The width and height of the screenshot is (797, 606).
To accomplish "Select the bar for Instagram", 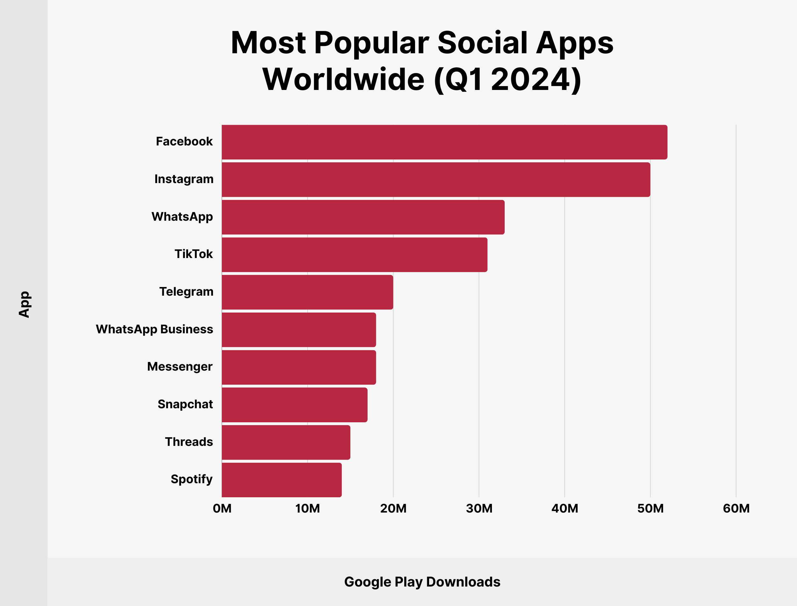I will (x=435, y=179).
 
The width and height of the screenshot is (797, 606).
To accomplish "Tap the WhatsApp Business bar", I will (x=298, y=329).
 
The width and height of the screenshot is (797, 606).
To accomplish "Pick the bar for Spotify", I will (x=281, y=480).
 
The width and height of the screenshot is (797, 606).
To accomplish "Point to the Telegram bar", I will (x=307, y=292).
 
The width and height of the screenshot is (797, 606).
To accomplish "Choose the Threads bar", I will (x=286, y=442).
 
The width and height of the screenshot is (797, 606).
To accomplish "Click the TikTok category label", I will (x=194, y=254).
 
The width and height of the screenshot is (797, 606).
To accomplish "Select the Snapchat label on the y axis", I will (x=185, y=404).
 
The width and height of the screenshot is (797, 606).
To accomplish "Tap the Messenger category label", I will (x=179, y=366).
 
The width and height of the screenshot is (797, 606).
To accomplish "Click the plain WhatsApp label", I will (x=182, y=217).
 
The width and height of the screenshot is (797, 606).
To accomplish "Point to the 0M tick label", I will (x=222, y=509).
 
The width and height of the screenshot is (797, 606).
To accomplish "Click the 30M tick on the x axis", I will (x=479, y=509).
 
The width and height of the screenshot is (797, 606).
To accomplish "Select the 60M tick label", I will (x=736, y=509).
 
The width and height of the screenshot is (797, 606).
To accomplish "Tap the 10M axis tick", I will (x=307, y=509).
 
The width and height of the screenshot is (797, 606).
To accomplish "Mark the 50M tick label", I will (x=650, y=509).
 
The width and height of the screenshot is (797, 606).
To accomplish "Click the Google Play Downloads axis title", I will (x=422, y=582).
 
